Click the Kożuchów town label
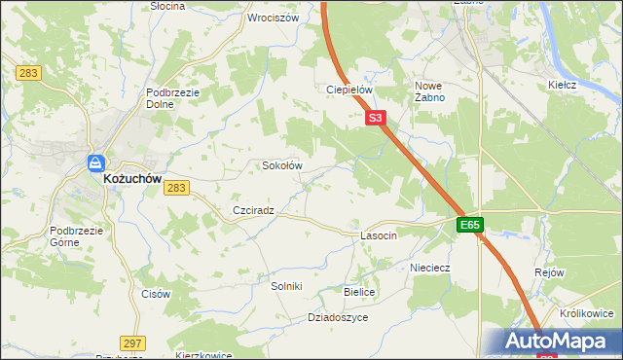(x=133, y=180)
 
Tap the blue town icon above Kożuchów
(x=96, y=163)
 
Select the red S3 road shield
(x=378, y=119)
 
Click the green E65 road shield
(x=470, y=226)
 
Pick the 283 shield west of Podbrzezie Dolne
(x=26, y=73)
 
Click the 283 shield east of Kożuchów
(x=176, y=188)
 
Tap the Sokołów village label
(x=283, y=165)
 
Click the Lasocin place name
(x=379, y=236)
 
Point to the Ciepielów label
(x=349, y=90)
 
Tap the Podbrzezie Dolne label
(x=173, y=98)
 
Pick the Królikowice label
(x=587, y=313)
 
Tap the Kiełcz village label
(x=563, y=85)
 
